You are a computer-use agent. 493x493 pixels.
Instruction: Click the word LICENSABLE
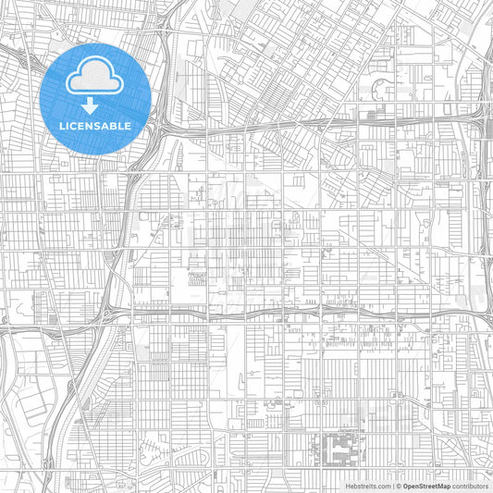[95, 126]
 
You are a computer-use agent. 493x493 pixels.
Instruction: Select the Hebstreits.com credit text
[368, 486]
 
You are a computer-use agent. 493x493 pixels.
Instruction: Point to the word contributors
[470, 486]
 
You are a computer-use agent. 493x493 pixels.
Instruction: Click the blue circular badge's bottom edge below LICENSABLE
[95, 152]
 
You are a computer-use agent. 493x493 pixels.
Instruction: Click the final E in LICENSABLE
[128, 126]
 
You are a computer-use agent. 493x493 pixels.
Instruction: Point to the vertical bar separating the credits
[393, 486]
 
